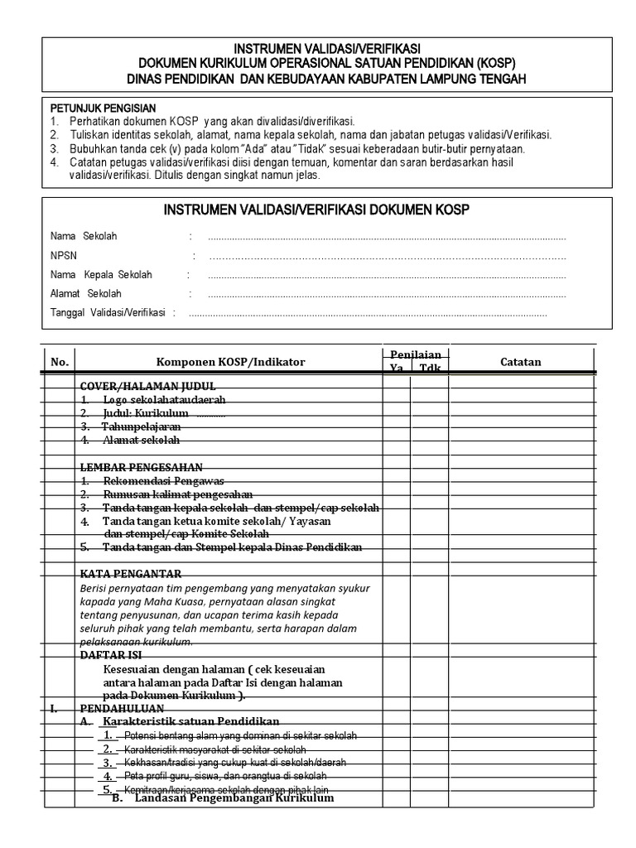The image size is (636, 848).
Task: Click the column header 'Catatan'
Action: [521, 362]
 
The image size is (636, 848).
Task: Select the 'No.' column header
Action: [59, 362]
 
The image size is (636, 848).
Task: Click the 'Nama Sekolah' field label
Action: [84, 236]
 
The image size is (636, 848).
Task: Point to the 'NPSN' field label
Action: [63, 256]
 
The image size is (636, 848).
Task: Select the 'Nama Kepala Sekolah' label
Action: [101, 275]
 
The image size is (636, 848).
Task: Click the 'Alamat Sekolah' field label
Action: [85, 294]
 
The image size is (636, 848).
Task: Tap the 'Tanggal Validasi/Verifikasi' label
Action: [108, 313]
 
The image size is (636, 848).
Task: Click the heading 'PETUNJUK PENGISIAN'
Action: [103, 108]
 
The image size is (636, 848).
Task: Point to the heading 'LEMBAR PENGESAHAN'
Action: [141, 467]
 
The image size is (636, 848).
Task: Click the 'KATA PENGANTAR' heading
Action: [131, 574]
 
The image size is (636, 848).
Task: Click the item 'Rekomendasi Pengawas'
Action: [163, 481]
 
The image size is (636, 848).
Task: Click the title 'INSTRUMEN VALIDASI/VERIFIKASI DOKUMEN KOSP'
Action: [317, 210]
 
